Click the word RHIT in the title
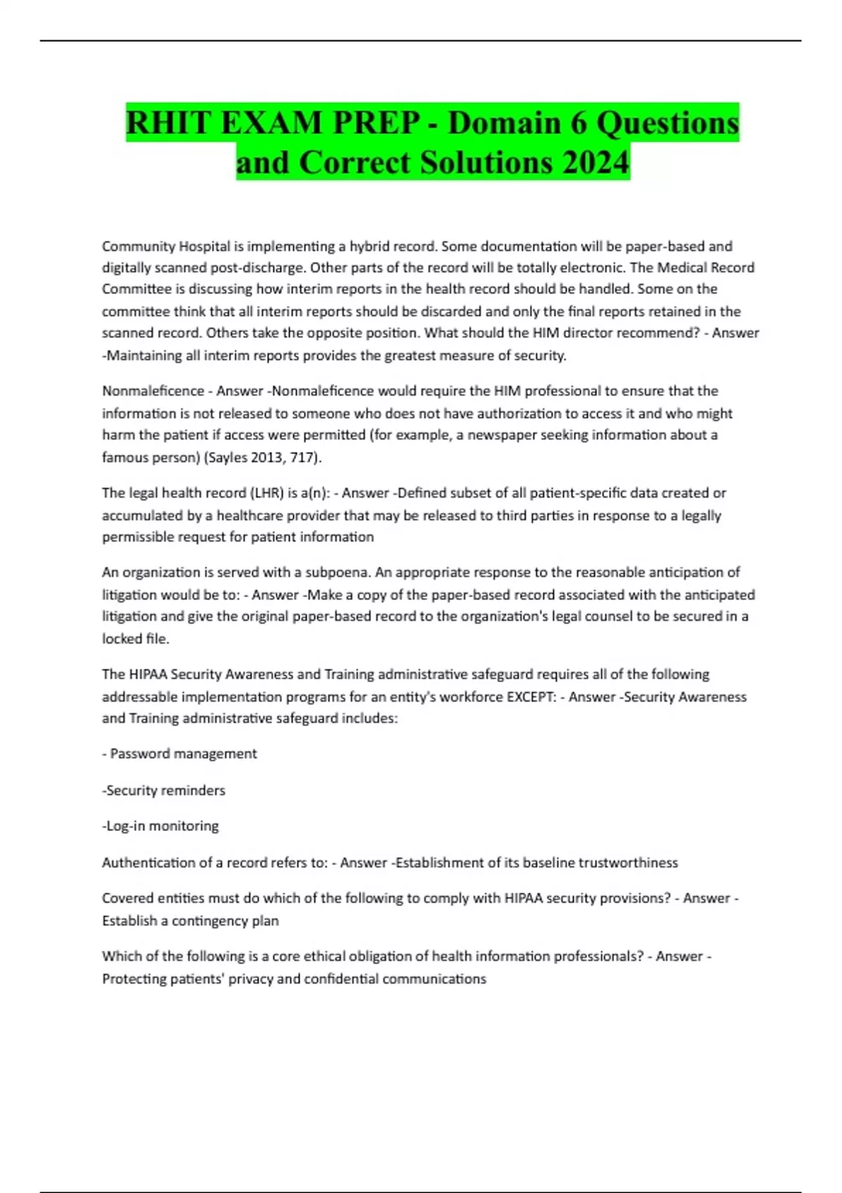pyautogui.click(x=168, y=123)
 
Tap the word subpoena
pyautogui.click(x=338, y=572)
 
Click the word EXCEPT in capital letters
pyautogui.click(x=531, y=697)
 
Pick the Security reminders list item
pyautogui.click(x=164, y=790)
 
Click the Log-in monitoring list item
pyautogui.click(x=161, y=826)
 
